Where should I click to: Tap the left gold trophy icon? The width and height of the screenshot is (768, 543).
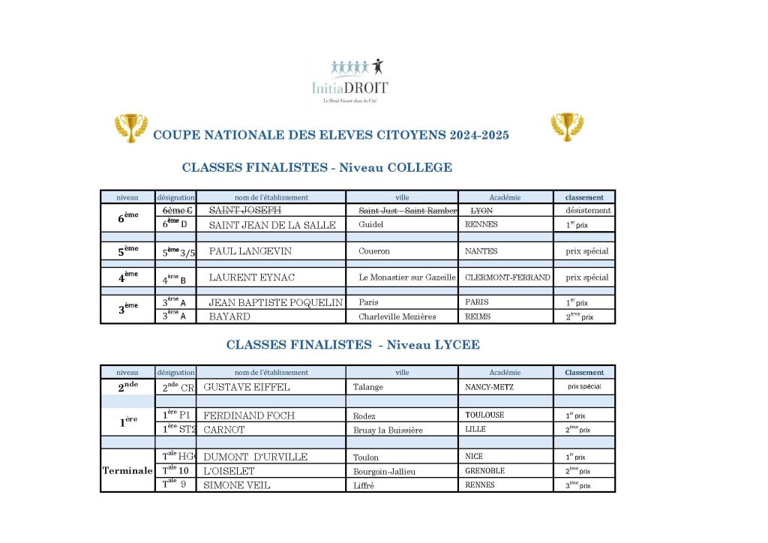pos(131,127)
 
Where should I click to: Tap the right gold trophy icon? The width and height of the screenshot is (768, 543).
pos(567,127)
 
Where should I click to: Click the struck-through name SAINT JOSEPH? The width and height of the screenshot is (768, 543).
pos(245,210)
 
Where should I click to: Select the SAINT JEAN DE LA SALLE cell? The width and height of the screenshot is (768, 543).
pos(272,224)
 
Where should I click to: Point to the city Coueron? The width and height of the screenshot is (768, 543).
pos(374,251)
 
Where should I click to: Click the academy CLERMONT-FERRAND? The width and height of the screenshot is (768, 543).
pos(508,277)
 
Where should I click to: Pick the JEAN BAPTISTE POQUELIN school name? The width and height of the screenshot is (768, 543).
pos(275,303)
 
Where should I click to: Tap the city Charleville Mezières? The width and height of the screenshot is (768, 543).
pos(397,316)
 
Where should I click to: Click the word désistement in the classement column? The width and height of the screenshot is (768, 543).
pos(588,210)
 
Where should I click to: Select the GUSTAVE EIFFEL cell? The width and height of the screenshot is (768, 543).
pos(247,388)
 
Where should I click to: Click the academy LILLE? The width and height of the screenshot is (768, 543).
pos(475,430)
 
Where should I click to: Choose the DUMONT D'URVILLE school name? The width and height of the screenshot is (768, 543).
pos(255,457)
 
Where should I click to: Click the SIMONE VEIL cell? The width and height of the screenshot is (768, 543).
pos(237,485)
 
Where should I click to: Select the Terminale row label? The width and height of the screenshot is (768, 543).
pos(127,471)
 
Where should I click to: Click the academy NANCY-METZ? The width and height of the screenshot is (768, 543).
pos(488,388)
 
